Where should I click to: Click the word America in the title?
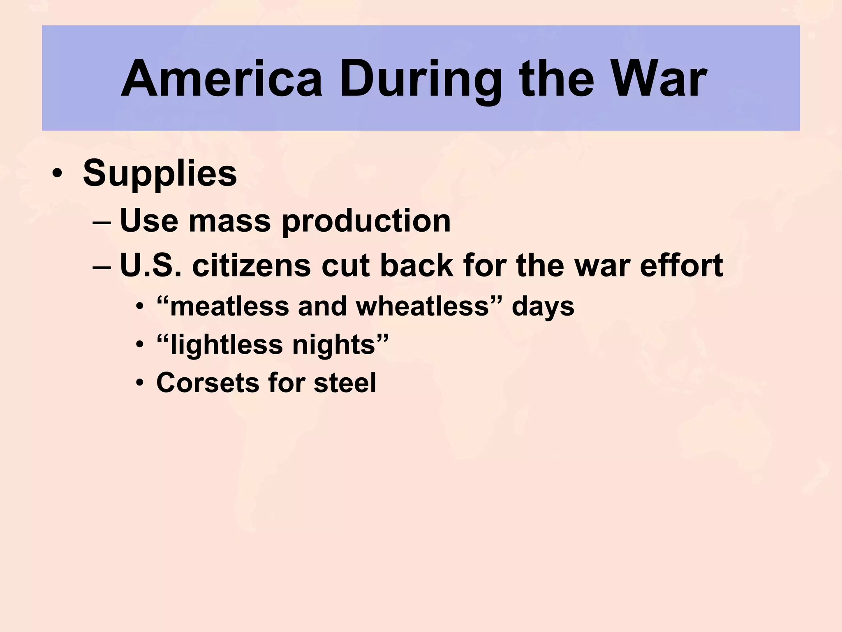pyautogui.click(x=222, y=79)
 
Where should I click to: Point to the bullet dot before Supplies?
pyautogui.click(x=57, y=174)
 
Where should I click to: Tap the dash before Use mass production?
pyautogui.click(x=102, y=222)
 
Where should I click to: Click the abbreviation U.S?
pyautogui.click(x=150, y=265)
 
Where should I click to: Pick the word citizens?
pyautogui.click(x=251, y=265)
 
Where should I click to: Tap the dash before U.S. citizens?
pyautogui.click(x=102, y=267)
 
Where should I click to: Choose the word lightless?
pyautogui.click(x=227, y=344)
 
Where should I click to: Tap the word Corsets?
pyautogui.click(x=207, y=383)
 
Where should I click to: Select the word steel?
pyautogui.click(x=345, y=383)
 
